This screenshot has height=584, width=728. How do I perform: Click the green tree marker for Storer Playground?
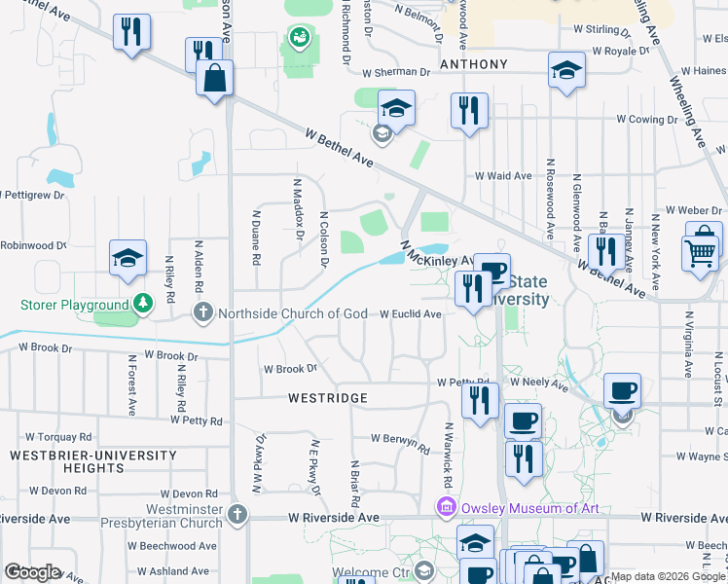pyautogui.click(x=143, y=305)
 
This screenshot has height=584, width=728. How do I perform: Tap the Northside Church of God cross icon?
pyautogui.click(x=202, y=312)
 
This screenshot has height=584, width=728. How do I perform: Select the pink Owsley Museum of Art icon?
pyautogui.click(x=446, y=508)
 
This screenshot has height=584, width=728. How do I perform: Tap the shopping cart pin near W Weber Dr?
pyautogui.click(x=703, y=252)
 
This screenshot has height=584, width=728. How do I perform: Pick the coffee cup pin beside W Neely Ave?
pyautogui.click(x=622, y=391)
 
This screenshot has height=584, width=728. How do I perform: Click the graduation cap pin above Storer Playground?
pyautogui.click(x=127, y=259)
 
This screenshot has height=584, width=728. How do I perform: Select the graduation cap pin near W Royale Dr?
pyautogui.click(x=566, y=70)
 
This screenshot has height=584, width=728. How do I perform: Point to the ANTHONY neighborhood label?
pyautogui.click(x=474, y=64)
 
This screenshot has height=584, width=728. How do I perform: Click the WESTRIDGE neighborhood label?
pyautogui.click(x=328, y=398)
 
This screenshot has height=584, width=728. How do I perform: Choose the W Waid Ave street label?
pyautogui.click(x=503, y=176)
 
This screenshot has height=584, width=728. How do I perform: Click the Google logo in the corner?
pyautogui.click(x=32, y=571)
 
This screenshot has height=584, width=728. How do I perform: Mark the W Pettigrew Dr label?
pyautogui.click(x=32, y=196)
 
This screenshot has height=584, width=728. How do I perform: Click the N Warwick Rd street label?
pyautogui.click(x=449, y=456)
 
